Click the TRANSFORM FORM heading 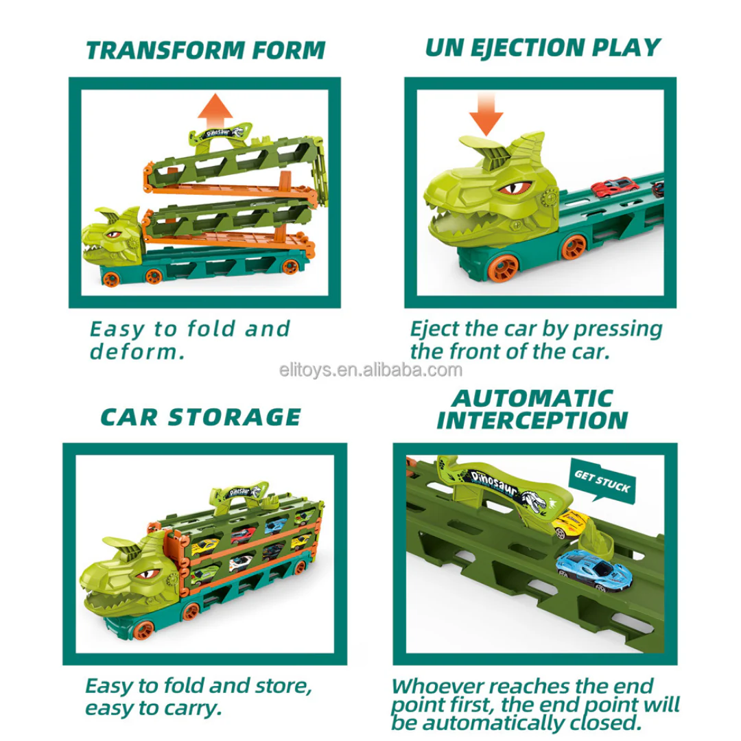click(x=206, y=50)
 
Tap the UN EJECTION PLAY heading click(x=543, y=48)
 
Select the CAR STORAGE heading click(x=201, y=417)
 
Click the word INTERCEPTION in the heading click(x=532, y=420)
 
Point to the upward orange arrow click(x=215, y=111)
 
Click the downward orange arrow click(x=486, y=115)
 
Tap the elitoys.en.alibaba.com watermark click(x=370, y=370)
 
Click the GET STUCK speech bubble click(x=602, y=480)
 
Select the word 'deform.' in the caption click(x=137, y=352)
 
